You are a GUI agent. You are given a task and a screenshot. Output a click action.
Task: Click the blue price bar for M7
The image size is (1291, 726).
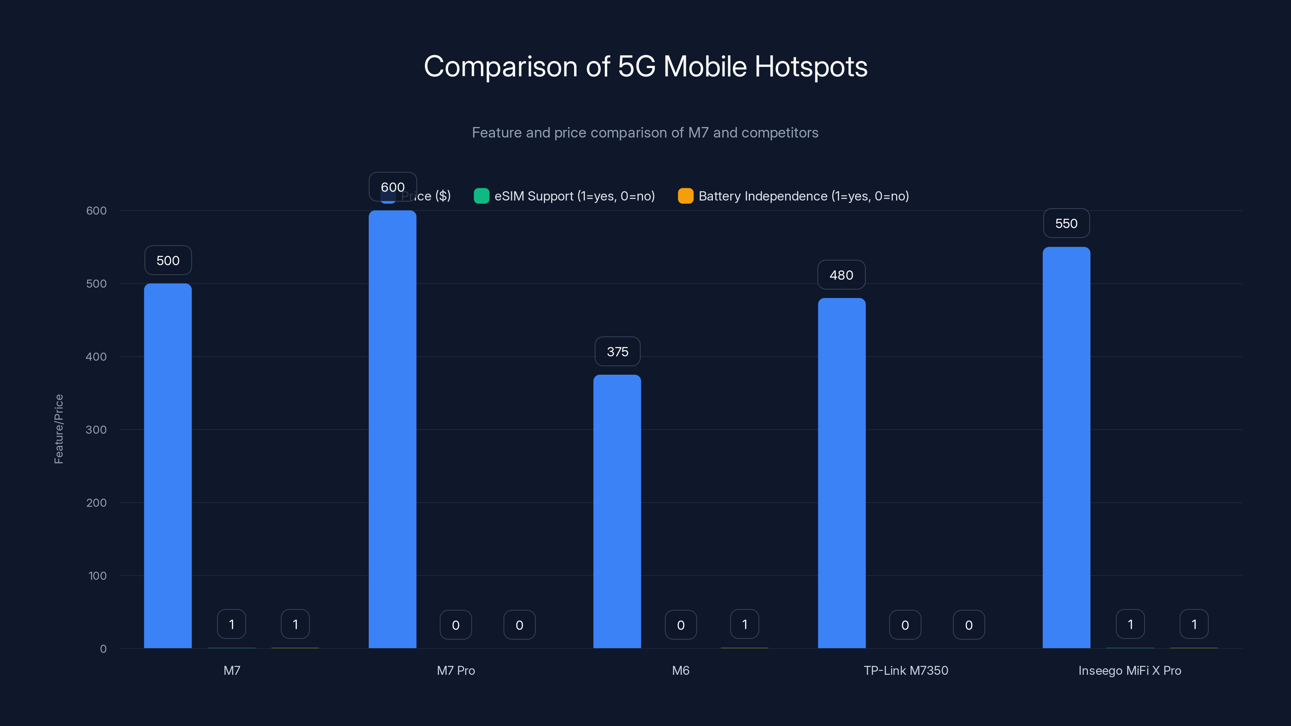click(167, 466)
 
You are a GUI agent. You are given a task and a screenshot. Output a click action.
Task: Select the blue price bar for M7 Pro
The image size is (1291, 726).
click(393, 431)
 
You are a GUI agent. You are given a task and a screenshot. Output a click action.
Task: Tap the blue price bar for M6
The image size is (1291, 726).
click(617, 511)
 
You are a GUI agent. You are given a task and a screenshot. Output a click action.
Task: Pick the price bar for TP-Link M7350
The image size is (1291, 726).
click(842, 474)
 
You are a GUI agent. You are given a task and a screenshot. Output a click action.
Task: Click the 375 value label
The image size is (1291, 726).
click(617, 352)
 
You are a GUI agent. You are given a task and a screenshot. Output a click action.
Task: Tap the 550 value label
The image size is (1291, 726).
click(1066, 223)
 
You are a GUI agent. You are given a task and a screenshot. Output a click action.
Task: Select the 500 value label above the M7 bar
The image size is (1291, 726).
click(168, 261)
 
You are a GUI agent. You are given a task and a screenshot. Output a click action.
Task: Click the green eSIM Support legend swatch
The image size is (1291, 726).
click(481, 196)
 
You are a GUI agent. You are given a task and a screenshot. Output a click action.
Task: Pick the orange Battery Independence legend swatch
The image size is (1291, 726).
click(685, 196)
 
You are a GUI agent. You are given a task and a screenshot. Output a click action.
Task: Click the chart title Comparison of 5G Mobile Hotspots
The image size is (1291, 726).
click(645, 67)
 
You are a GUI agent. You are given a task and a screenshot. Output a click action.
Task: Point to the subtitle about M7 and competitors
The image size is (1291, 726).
click(645, 133)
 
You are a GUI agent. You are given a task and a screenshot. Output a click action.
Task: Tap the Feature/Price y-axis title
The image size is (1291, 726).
click(58, 429)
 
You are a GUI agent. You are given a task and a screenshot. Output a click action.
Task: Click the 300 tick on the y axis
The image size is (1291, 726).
click(96, 430)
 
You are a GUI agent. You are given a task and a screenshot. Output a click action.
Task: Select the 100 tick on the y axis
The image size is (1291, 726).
click(97, 576)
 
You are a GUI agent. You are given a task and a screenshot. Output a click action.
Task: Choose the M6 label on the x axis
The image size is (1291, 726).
click(681, 670)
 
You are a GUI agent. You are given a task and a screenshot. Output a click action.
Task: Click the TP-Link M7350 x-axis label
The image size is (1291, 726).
click(906, 670)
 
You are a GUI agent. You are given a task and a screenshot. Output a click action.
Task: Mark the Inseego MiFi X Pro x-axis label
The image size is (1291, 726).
click(1130, 670)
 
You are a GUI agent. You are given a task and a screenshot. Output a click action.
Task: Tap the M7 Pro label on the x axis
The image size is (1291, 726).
click(455, 670)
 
